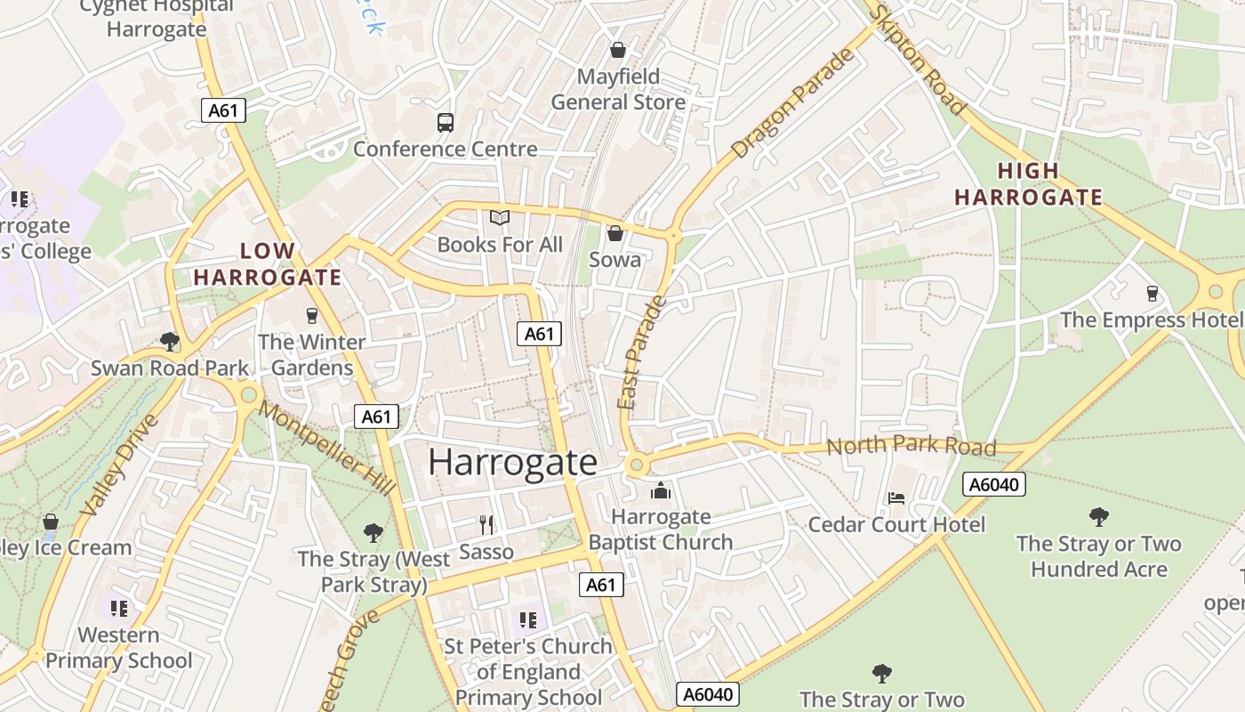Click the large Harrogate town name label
pyautogui.click(x=512, y=462)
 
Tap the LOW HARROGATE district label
pyautogui.click(x=268, y=264)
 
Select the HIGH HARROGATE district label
pyautogui.click(x=1028, y=184)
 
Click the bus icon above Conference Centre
pyautogui.click(x=446, y=123)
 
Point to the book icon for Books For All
pyautogui.click(x=500, y=218)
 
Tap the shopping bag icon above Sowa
pyautogui.click(x=614, y=234)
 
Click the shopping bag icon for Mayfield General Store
pyautogui.click(x=617, y=51)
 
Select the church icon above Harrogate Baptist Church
pyautogui.click(x=660, y=490)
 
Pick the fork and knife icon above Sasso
pyautogui.click(x=486, y=525)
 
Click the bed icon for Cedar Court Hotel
pyautogui.click(x=896, y=498)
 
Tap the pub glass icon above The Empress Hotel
pyautogui.click(x=1153, y=294)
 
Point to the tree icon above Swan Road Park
pyautogui.click(x=169, y=341)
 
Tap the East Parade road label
pyautogui.click(x=642, y=353)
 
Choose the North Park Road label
pyautogui.click(x=911, y=446)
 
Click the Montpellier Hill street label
pyautogui.click(x=328, y=449)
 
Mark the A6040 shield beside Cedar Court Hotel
pyautogui.click(x=994, y=484)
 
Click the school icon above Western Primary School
pyautogui.click(x=119, y=609)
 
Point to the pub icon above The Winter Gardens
pyautogui.click(x=311, y=315)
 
